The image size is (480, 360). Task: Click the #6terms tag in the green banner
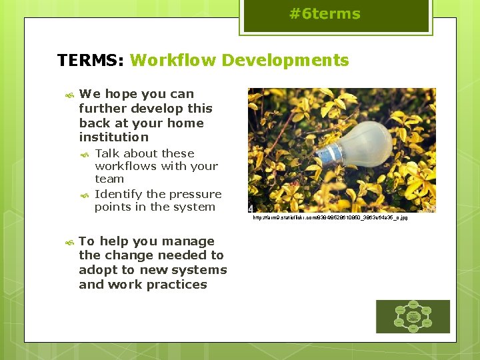[325, 15]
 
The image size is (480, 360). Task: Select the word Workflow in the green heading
[173, 61]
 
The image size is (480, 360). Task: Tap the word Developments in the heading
[285, 61]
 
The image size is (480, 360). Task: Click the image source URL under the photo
[329, 218]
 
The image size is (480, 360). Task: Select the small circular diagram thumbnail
[413, 316]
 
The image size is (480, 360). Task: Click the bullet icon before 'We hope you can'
[69, 95]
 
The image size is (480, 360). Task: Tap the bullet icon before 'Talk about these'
[85, 155]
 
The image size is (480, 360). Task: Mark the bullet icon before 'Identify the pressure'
[85, 195]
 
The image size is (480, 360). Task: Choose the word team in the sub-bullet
[109, 179]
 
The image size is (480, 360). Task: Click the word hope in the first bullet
[119, 94]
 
